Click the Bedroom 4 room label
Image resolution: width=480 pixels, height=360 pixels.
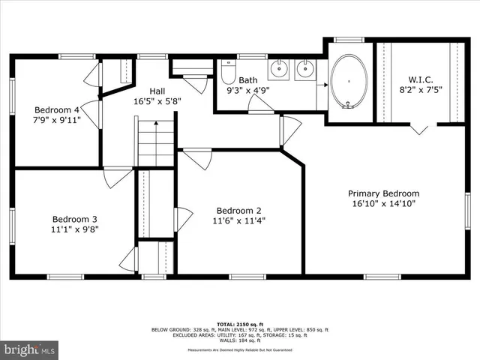click(x=57, y=109)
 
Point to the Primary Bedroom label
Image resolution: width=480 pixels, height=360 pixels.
click(x=384, y=193)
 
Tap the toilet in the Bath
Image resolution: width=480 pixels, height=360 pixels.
click(x=228, y=73)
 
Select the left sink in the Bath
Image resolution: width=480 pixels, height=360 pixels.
click(x=279, y=70)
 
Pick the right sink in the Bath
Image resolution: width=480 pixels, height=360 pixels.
click(x=304, y=70)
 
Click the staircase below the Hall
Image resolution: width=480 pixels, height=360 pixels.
click(x=155, y=142)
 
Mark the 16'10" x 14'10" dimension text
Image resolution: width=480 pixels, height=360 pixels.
click(x=384, y=203)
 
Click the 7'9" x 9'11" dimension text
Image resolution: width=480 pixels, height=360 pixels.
click(x=57, y=119)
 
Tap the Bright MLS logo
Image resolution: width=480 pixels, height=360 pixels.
click(x=30, y=349)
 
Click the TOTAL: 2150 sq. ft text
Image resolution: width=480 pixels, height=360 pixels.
click(x=239, y=322)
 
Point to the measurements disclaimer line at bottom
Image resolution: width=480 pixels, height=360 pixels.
click(x=239, y=349)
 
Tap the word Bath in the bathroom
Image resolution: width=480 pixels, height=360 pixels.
click(x=248, y=79)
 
